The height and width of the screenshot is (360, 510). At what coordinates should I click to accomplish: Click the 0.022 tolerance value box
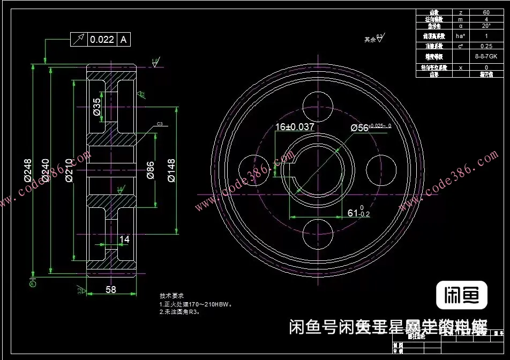point(102,39)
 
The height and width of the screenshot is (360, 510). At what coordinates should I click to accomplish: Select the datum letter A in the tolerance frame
point(123,39)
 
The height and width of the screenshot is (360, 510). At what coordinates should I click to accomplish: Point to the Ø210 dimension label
point(69,170)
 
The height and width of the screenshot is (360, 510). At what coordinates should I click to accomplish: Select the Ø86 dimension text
point(150,170)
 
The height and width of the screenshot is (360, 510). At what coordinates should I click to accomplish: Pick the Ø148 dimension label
point(171,170)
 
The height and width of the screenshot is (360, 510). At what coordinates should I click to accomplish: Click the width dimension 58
point(111,289)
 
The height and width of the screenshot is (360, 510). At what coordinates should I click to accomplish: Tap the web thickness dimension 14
point(124,239)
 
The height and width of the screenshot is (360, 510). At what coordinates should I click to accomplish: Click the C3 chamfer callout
point(160,124)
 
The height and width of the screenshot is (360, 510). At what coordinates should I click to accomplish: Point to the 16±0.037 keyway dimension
point(295,127)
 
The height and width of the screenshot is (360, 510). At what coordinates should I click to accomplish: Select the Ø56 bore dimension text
point(371,127)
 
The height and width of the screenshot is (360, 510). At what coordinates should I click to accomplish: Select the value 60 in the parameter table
point(486,12)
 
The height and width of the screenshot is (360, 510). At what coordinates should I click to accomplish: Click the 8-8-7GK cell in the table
point(486,56)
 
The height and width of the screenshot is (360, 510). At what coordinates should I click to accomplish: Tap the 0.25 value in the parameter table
point(486,46)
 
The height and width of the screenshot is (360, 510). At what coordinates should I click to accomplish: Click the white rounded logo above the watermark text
point(462,295)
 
